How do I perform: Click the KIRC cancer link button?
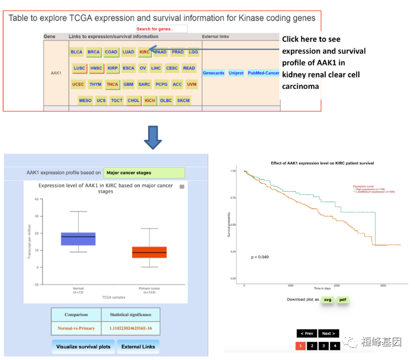click(x=144, y=52)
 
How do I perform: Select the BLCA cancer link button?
click(x=77, y=52)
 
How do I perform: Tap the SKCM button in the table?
click(x=183, y=100)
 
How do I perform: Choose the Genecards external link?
click(x=213, y=73)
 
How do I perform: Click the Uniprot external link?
click(x=236, y=73)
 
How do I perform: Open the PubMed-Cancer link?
click(x=263, y=73)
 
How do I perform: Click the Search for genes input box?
click(x=162, y=29)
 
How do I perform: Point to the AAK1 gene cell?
click(x=56, y=73)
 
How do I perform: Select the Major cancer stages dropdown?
click(x=144, y=173)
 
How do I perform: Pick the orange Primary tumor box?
click(x=149, y=252)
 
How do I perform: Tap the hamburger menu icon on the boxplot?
click(x=182, y=187)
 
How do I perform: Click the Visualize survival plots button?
click(x=83, y=347)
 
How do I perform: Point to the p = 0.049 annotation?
click(x=260, y=257)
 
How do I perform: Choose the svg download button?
click(x=328, y=300)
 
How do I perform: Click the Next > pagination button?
click(x=329, y=333)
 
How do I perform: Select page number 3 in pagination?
click(x=323, y=346)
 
